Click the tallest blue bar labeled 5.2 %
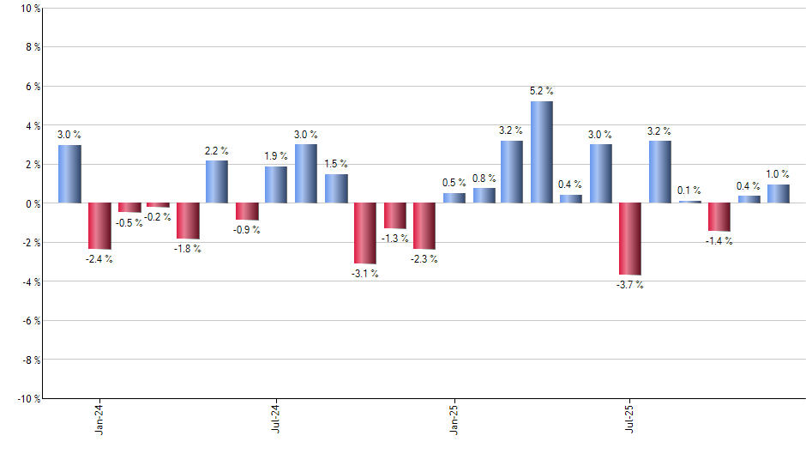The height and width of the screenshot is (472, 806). (x=542, y=152)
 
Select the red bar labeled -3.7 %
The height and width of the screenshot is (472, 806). (x=630, y=239)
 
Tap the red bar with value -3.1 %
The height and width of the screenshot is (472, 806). (x=365, y=233)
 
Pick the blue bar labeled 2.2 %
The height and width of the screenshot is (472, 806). (x=217, y=182)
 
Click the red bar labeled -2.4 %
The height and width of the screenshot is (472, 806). (x=99, y=226)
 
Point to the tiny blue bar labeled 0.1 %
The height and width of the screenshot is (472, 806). (x=689, y=202)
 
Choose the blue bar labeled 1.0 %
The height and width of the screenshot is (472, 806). (x=779, y=194)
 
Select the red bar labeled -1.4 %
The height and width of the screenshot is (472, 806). (x=719, y=217)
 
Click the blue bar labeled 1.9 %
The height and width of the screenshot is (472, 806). (x=276, y=185)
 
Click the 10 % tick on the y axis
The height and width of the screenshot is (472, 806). (x=29, y=9)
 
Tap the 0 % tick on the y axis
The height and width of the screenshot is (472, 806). (x=32, y=203)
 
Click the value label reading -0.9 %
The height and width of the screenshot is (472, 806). (x=247, y=230)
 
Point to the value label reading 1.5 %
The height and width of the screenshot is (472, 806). (x=336, y=164)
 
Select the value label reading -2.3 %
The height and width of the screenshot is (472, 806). (x=424, y=259)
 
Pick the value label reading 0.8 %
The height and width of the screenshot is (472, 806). (x=484, y=178)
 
